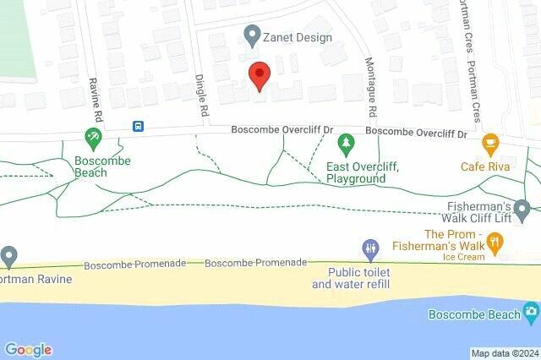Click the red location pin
pyautogui.click(x=260, y=75)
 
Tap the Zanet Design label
pyautogui.click(x=297, y=37)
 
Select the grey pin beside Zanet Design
pyautogui.click(x=251, y=36)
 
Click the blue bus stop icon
pyautogui.click(x=137, y=127)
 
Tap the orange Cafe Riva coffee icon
pyautogui.click(x=489, y=144)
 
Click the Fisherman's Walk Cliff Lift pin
pyautogui.click(x=522, y=208)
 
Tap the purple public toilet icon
pyautogui.click(x=370, y=248)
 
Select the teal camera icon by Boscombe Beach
pyautogui.click(x=531, y=314)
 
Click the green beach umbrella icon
pyautogui.click(x=94, y=137)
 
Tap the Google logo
pyautogui.click(x=28, y=350)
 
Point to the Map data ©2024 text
pyautogui.click(x=505, y=353)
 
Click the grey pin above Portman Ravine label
pyautogui.click(x=8, y=255)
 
